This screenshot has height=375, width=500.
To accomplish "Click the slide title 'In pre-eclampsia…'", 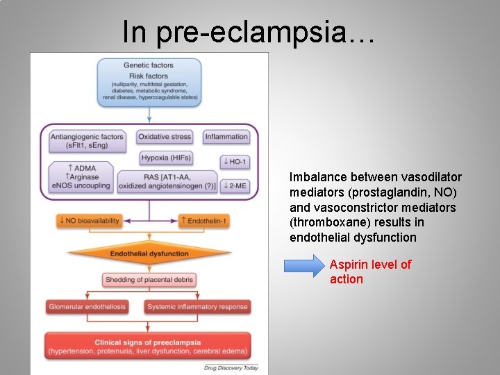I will (249, 32).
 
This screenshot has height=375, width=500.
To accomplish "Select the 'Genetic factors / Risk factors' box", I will (149, 82).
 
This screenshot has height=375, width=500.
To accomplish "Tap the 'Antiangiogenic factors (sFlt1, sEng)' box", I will (87, 141).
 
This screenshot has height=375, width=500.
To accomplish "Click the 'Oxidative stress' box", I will (165, 137).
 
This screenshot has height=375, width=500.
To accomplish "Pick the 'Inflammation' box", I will (226, 137).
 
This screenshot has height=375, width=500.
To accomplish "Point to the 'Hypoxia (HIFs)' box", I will (165, 158).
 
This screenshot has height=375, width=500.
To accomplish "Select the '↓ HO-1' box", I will (234, 161).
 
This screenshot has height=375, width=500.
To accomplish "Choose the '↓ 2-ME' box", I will (235, 185).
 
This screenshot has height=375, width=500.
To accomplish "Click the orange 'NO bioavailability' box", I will (89, 221).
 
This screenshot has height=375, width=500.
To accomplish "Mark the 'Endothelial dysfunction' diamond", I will (149, 253).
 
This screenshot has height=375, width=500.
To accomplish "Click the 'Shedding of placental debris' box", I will (149, 280).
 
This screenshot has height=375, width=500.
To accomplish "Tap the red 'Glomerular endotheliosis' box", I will (87, 306).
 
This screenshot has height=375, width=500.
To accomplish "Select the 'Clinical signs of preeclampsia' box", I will (149, 347).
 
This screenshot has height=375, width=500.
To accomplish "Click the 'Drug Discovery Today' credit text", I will (231, 367).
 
